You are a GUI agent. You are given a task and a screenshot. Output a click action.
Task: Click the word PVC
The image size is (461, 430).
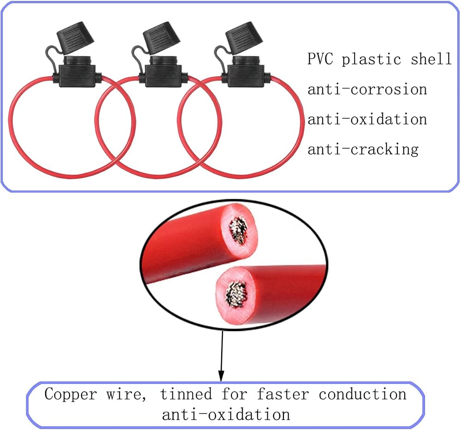[x=320, y=59]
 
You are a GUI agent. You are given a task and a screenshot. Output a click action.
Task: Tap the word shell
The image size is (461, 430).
[x=431, y=59]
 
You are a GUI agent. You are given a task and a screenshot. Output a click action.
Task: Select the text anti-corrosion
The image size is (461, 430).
[x=367, y=89]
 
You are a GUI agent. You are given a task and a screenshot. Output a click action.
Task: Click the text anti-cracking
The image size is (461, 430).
[x=363, y=149]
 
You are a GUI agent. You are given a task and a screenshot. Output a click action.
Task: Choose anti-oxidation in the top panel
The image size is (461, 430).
[x=367, y=119]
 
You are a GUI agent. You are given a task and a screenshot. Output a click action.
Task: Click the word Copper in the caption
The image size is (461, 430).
[x=71, y=394]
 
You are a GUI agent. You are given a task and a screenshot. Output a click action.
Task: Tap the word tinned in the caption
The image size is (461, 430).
[x=186, y=394]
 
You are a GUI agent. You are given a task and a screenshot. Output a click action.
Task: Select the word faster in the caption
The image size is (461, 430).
[x=283, y=394]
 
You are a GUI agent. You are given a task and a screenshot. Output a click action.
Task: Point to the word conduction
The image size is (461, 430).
[x=363, y=394]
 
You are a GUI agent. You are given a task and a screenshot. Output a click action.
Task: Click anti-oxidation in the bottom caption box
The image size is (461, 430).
[x=226, y=414]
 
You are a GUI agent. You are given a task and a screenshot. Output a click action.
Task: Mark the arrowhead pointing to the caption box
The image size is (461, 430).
[x=221, y=376]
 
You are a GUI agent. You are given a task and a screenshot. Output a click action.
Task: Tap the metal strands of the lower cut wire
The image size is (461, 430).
[x=236, y=294]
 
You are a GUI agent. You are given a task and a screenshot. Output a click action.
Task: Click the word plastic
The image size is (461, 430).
[x=371, y=59]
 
